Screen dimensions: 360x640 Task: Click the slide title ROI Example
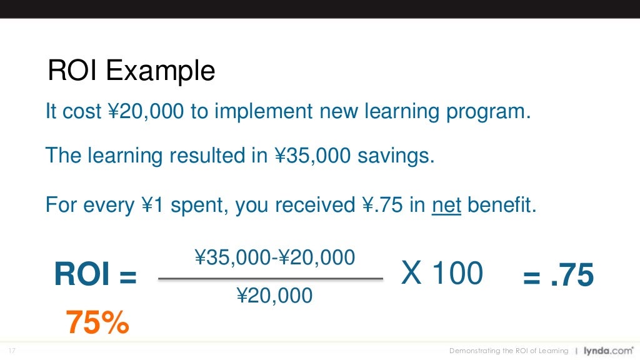tap(131, 71)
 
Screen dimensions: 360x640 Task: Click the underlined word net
tap(446, 206)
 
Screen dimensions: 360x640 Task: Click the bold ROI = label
tap(95, 275)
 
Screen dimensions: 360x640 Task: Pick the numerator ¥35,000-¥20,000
tap(275, 257)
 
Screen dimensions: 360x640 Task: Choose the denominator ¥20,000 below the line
tap(274, 295)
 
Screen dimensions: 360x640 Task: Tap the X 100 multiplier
tap(442, 274)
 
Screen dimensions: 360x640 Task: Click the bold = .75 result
tap(558, 275)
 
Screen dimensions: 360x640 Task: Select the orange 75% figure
tap(97, 322)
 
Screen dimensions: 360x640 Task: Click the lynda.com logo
tap(604, 351)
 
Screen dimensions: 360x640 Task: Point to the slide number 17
tap(12, 351)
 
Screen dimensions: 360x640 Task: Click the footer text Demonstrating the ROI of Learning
tap(509, 351)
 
